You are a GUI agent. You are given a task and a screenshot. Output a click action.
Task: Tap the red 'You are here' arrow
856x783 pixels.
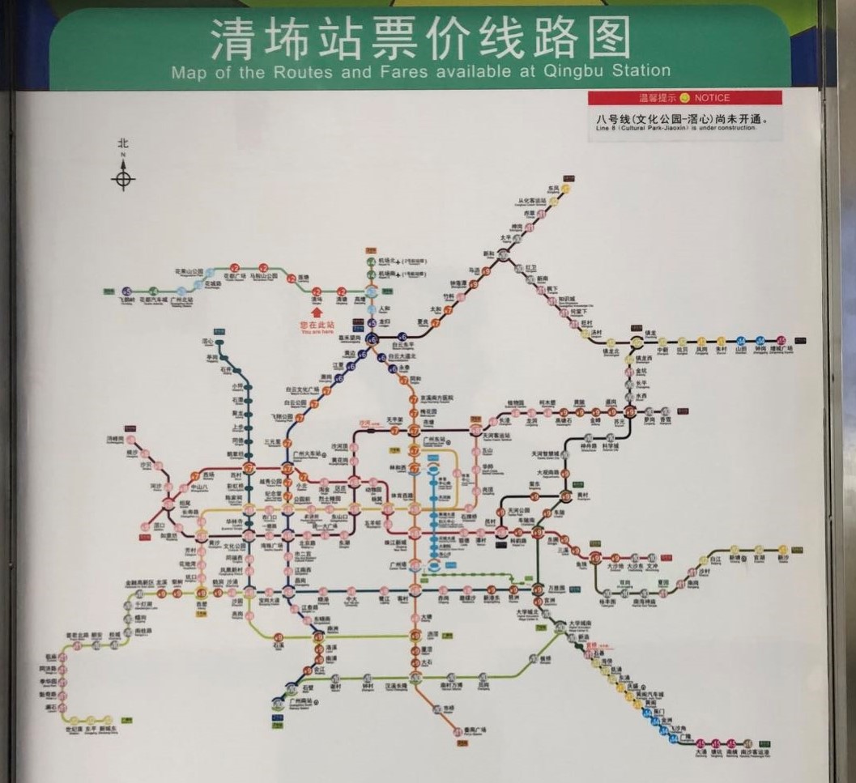pyautogui.click(x=317, y=310)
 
